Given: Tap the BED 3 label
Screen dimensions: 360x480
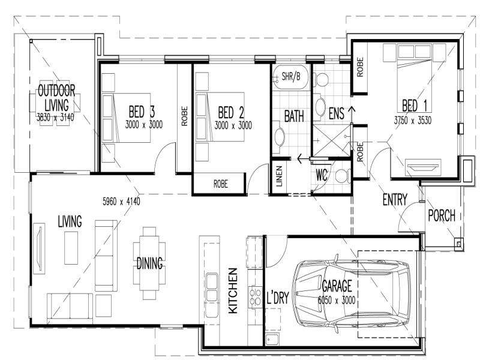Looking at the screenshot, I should [142, 112].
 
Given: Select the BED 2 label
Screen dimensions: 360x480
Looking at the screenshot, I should [231, 112].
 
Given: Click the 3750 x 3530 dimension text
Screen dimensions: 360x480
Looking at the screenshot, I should [413, 119].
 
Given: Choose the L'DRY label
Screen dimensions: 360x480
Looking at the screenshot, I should [277, 298].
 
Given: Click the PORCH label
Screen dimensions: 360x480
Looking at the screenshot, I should [442, 215].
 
